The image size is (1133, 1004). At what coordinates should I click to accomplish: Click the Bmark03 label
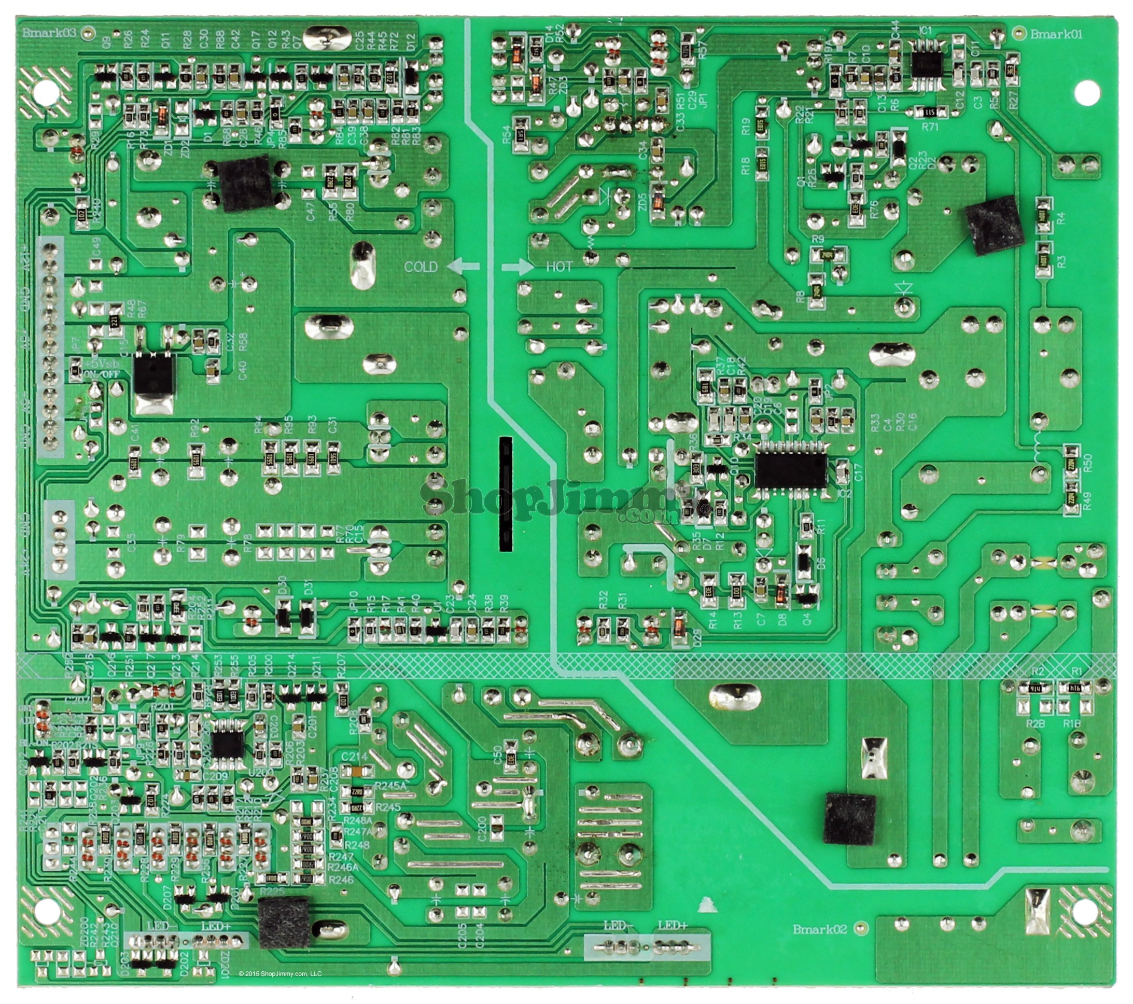pyautogui.click(x=49, y=32)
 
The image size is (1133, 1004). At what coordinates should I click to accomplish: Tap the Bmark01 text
pyautogui.click(x=1056, y=34)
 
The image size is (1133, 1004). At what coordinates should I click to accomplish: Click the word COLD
pyautogui.click(x=421, y=267)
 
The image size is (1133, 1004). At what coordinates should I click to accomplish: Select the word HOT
pyautogui.click(x=559, y=267)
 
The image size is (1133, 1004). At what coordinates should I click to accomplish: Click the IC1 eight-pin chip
pyautogui.click(x=926, y=64)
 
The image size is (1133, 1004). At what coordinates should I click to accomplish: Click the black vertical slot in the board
pyautogui.click(x=506, y=494)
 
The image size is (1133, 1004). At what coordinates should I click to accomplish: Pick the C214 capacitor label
pyautogui.click(x=355, y=756)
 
